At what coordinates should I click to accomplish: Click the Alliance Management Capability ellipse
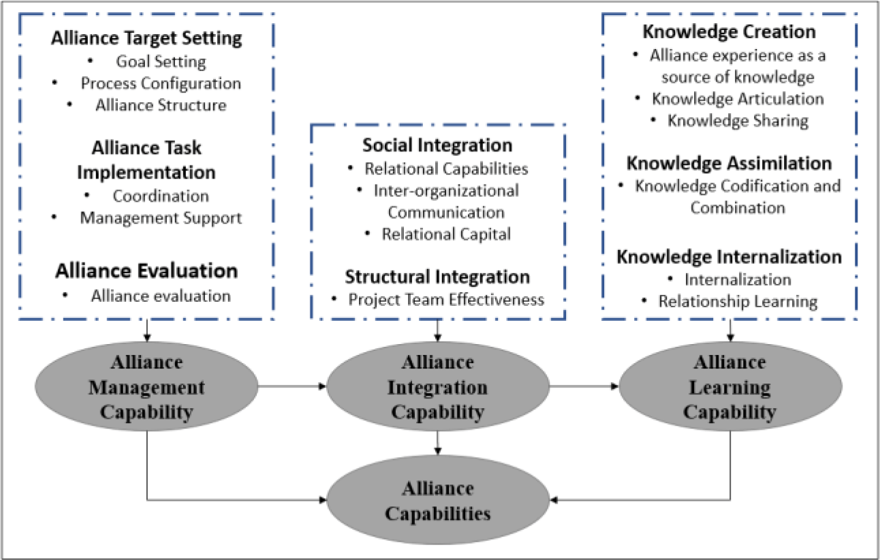tap(146, 388)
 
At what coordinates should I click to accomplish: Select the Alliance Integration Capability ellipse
tap(437, 388)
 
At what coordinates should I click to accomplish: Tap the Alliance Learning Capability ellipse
tap(730, 388)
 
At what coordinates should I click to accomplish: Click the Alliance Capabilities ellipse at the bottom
tap(437, 501)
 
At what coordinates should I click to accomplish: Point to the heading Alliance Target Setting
tap(146, 38)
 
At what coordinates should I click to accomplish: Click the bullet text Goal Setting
tap(161, 61)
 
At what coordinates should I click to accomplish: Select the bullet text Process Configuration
tap(161, 83)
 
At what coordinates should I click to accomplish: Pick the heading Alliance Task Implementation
tap(146, 160)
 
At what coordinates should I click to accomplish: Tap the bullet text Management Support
tap(161, 218)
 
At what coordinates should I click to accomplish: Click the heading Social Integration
tap(437, 145)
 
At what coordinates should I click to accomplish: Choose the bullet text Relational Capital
tap(446, 234)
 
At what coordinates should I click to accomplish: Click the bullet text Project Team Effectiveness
tap(446, 299)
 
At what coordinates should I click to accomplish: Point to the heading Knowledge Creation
tap(729, 32)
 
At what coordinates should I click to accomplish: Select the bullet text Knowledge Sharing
tap(737, 121)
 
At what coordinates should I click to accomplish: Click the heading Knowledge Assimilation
tap(729, 164)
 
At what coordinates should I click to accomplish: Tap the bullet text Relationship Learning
tap(737, 301)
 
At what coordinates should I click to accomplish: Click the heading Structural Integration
tap(437, 277)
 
